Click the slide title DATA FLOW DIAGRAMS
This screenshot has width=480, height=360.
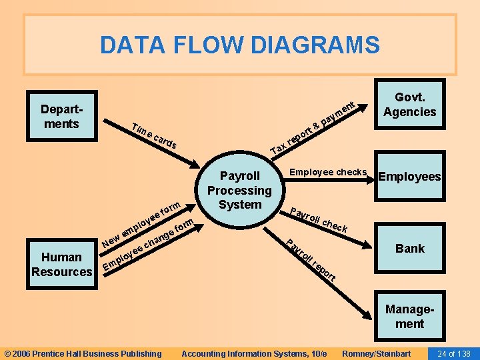point(239,45)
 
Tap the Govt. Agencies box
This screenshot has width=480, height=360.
point(409,105)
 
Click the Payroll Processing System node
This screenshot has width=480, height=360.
point(240,190)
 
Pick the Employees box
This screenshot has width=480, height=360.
point(409,177)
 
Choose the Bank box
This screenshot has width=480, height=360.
point(409,248)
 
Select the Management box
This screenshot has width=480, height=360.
point(409,317)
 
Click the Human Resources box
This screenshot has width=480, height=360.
point(62,264)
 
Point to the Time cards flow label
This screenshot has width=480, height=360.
point(154,135)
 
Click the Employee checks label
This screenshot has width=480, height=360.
point(328,172)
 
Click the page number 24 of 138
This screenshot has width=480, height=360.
point(453,353)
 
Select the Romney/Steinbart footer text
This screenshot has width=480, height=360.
point(376,353)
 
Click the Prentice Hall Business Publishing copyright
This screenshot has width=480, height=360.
point(83,353)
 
